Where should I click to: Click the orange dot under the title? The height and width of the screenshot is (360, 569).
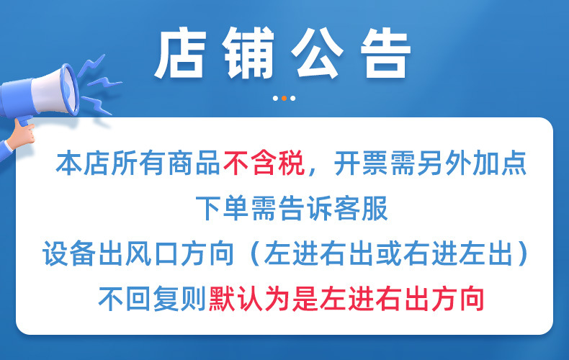coord(284,98)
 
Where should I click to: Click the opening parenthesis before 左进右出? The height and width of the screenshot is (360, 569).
coord(253,253)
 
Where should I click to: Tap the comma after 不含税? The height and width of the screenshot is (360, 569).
coord(312,170)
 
